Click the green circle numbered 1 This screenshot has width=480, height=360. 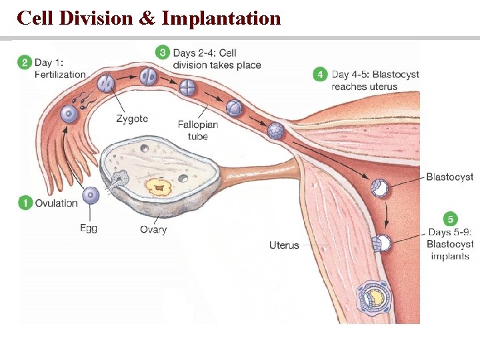click(x=25, y=203)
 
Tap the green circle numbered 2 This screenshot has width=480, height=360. click(x=25, y=63)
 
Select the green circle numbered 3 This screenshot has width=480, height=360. click(x=163, y=53)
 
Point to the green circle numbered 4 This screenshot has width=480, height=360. click(x=321, y=75)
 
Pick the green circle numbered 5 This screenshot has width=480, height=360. click(x=452, y=219)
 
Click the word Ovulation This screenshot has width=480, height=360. click(x=57, y=203)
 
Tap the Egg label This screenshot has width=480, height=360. click(x=89, y=229)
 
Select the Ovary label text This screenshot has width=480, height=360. click(x=153, y=230)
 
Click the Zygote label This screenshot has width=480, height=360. click(x=132, y=119)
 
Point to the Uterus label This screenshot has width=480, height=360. click(x=284, y=245)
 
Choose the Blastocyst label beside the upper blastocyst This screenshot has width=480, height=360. click(x=450, y=177)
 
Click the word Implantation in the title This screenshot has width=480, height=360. click(x=221, y=18)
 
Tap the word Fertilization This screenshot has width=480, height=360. click(x=60, y=75)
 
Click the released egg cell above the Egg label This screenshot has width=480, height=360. click(x=91, y=196)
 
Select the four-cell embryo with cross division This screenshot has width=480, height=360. click(x=189, y=87)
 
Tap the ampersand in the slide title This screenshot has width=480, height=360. click(x=147, y=18)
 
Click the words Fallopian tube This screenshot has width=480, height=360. click(x=198, y=131)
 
